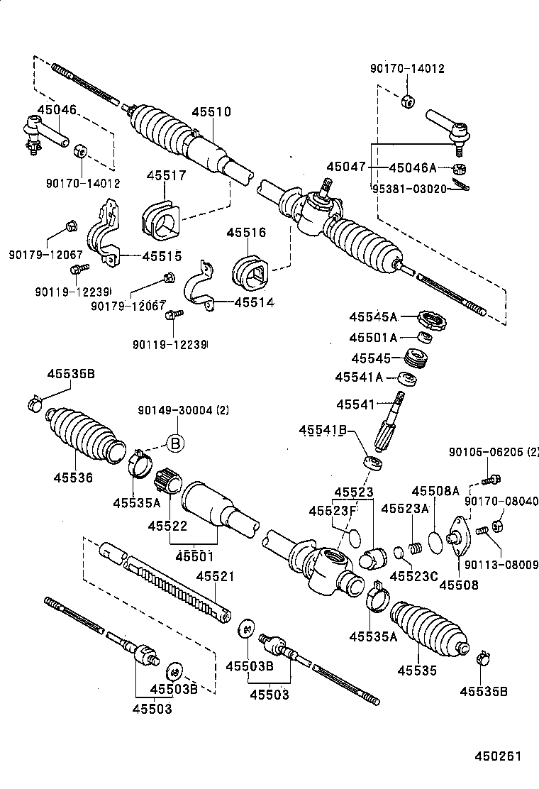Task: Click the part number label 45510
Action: click(211, 112)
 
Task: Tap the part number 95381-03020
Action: click(409, 188)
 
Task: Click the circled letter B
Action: click(175, 443)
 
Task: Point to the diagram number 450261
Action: click(497, 756)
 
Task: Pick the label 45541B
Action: click(323, 430)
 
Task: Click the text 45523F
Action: click(332, 511)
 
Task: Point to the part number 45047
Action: click(346, 168)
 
